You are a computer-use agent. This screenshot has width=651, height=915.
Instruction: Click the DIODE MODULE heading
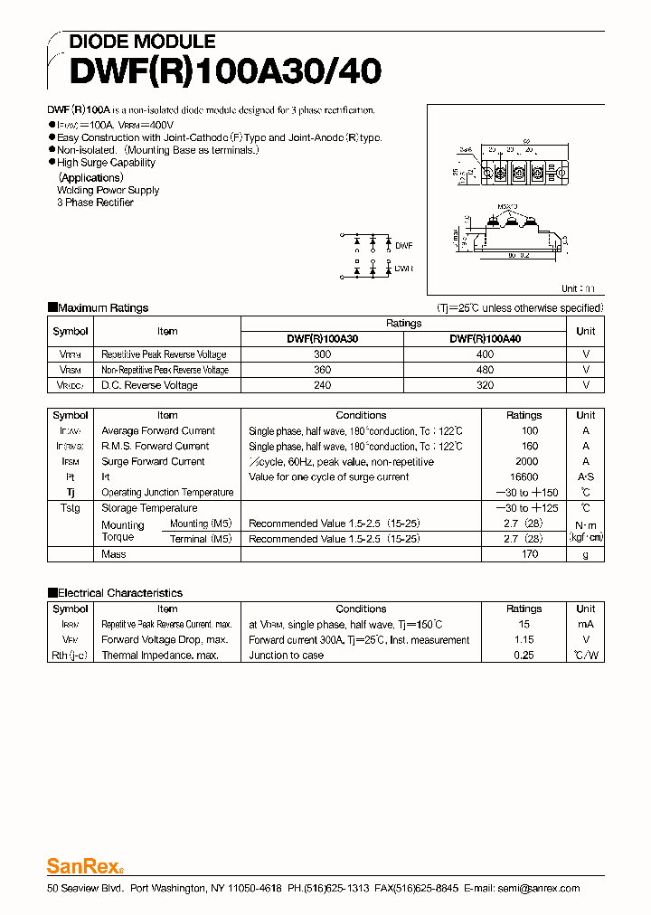pyautogui.click(x=142, y=42)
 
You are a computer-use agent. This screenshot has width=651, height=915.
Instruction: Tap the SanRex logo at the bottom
pyautogui.click(x=83, y=866)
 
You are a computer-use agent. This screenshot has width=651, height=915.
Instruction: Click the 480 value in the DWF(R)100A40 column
pyautogui.click(x=485, y=370)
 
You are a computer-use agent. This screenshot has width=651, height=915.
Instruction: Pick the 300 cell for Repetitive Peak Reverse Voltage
pyautogui.click(x=322, y=354)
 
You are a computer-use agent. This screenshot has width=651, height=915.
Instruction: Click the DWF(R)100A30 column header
pyautogui.click(x=322, y=338)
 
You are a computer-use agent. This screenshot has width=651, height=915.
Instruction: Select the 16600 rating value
pyautogui.click(x=524, y=477)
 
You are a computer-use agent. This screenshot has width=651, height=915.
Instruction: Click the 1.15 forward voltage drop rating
pyautogui.click(x=524, y=640)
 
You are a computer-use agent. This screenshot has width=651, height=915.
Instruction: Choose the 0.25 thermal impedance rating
pyautogui.click(x=524, y=656)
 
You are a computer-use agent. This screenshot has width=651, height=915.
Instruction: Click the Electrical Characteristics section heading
pyautogui.click(x=119, y=593)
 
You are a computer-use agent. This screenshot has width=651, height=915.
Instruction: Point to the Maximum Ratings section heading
pyautogui.click(x=102, y=308)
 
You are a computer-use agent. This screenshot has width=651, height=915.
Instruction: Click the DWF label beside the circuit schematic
pyautogui.click(x=404, y=245)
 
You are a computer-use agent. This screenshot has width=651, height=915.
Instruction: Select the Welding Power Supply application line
pyautogui.click(x=108, y=191)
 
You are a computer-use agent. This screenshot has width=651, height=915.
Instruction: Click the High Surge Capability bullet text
pyautogui.click(x=106, y=163)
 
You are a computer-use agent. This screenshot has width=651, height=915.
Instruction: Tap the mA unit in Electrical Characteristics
pyautogui.click(x=585, y=625)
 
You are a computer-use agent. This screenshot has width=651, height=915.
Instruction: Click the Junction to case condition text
pyautogui.click(x=286, y=656)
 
